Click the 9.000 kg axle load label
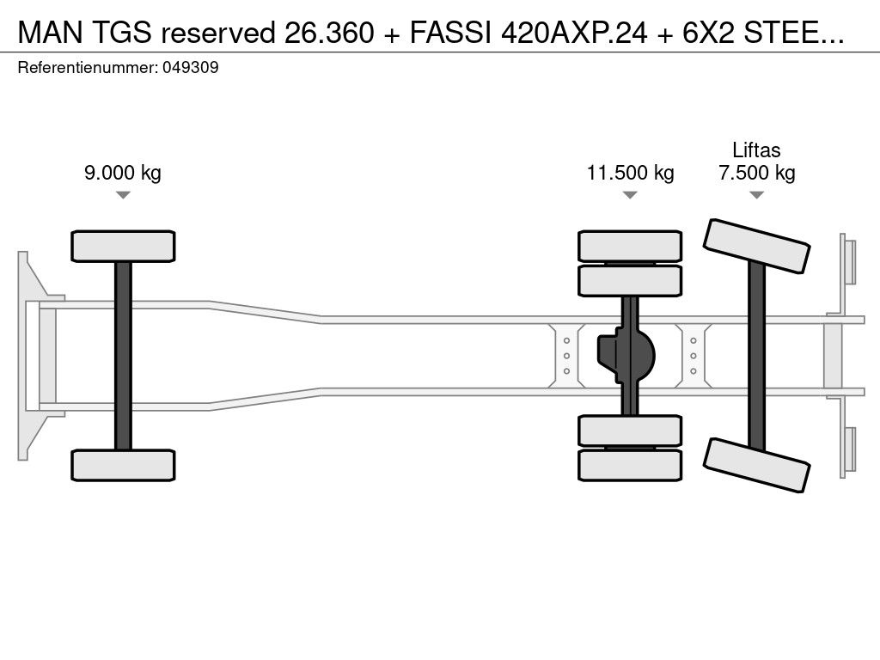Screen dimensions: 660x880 (x=122, y=173)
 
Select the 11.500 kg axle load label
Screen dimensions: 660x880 (x=630, y=173)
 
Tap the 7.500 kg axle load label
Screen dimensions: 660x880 (x=756, y=173)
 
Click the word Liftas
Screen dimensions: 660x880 (x=756, y=150)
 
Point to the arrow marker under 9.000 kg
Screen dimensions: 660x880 (x=123, y=195)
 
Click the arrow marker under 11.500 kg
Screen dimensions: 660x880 (x=630, y=195)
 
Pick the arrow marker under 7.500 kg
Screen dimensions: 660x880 (x=756, y=195)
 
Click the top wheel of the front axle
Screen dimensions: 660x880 (x=123, y=246)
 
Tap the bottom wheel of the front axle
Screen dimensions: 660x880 (x=123, y=465)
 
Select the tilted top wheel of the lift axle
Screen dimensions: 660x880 (x=757, y=246)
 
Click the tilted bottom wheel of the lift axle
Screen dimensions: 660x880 (x=757, y=465)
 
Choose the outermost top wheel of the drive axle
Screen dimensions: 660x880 (x=630, y=246)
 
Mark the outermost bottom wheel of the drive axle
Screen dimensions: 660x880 (x=630, y=465)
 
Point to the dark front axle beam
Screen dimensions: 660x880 (x=123, y=355)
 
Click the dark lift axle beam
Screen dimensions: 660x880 (x=756, y=355)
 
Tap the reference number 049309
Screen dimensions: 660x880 (x=190, y=68)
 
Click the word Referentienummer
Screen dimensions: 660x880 (x=86, y=68)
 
